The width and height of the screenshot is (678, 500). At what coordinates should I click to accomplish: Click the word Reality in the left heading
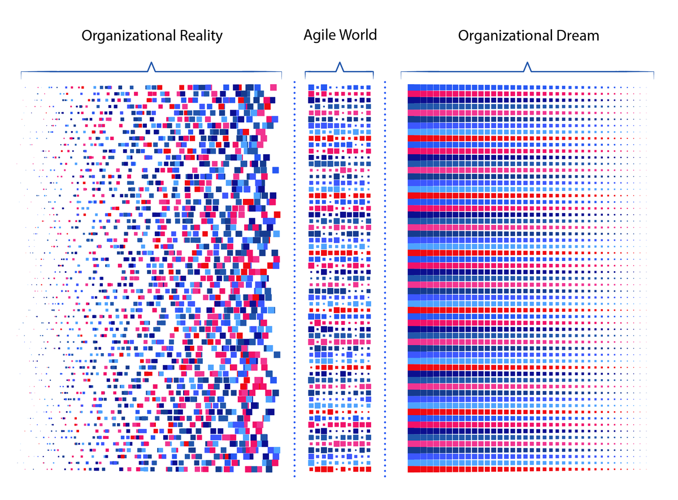click(198, 36)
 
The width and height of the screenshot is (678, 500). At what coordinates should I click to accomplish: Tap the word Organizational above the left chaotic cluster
click(125, 36)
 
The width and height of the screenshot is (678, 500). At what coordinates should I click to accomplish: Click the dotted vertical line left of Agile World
click(294, 277)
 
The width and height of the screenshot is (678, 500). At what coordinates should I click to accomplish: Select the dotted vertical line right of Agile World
click(385, 277)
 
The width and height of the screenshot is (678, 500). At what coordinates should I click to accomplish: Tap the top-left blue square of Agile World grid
click(311, 87)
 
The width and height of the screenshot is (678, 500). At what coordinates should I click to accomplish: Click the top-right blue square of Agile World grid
click(369, 88)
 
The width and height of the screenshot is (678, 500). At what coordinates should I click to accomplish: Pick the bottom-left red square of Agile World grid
click(311, 469)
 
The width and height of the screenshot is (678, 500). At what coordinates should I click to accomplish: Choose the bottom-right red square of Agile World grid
click(369, 469)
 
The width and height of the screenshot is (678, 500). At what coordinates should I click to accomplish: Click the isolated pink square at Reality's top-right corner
click(273, 87)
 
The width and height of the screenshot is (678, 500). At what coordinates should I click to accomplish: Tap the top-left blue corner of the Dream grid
click(412, 87)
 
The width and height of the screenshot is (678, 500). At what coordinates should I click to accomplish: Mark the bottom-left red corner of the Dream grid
click(412, 469)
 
